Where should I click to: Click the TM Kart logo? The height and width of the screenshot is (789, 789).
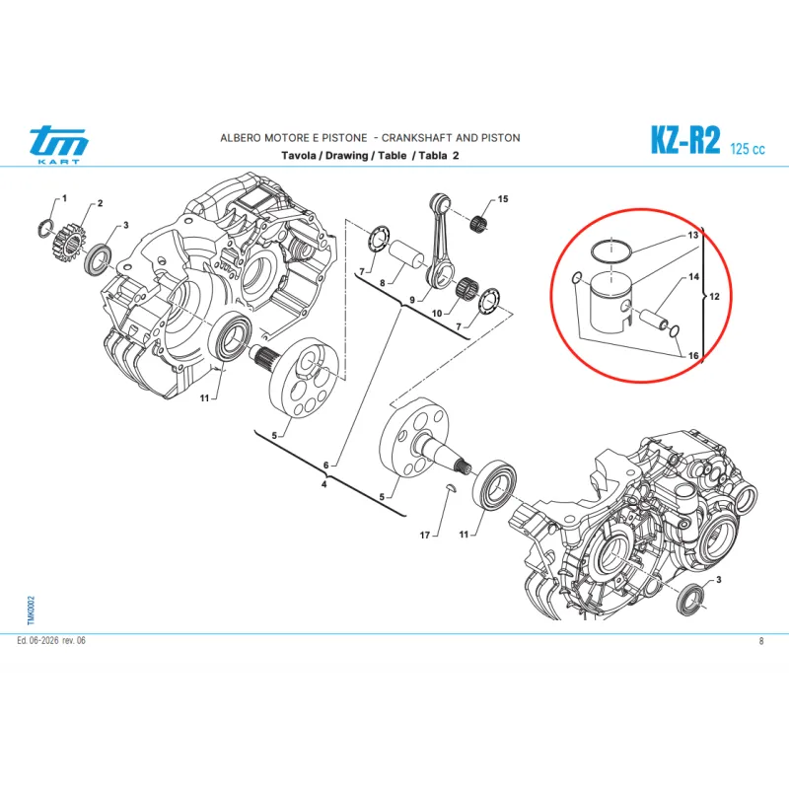pos(59,144)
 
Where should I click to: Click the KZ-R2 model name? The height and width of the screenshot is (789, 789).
pos(685,139)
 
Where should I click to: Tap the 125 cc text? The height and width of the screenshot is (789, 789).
pos(748,149)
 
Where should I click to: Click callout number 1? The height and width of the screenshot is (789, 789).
pos(64,198)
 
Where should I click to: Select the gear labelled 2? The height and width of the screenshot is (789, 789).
pos(67,245)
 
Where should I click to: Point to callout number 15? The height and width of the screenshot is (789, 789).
pos(503,199)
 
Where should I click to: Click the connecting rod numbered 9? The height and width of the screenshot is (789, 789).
pos(440,241)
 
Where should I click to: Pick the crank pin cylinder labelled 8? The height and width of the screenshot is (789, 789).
pos(406,256)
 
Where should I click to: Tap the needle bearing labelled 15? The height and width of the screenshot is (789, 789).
pos(480,223)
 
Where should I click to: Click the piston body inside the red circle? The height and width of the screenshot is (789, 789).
pos(610,303)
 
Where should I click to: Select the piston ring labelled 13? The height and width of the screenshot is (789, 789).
pos(610,251)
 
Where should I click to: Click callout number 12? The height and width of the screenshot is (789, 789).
pos(714,297)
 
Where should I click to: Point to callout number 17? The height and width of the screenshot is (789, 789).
pos(425,536)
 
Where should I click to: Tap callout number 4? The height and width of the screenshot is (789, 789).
pos(324,484)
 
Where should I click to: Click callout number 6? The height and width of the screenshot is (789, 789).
pos(326,466)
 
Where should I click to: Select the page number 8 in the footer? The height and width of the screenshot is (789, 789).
pos(761,641)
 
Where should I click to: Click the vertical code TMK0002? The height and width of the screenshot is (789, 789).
pos(32,610)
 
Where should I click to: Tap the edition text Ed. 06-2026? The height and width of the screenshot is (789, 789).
pos(37,640)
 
